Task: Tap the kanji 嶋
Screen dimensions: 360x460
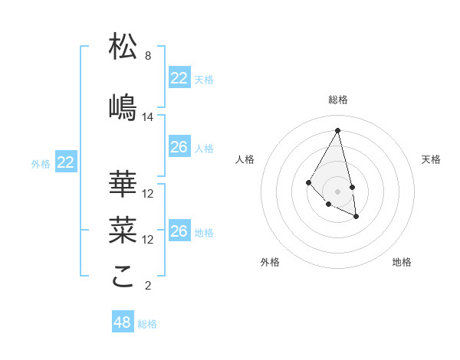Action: [123, 108]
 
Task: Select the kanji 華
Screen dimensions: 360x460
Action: [123, 184]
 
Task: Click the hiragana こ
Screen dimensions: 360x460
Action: [123, 277]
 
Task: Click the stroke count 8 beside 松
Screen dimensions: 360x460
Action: [148, 56]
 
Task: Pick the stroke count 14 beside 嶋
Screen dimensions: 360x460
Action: [148, 117]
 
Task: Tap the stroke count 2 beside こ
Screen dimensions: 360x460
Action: [148, 286]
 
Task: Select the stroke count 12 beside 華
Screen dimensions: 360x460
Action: [148, 194]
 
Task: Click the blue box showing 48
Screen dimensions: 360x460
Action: [123, 322]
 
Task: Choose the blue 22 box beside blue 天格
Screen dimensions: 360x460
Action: [179, 78]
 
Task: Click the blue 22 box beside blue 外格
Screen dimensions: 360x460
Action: [66, 162]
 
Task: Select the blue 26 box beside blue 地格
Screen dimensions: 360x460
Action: [179, 231]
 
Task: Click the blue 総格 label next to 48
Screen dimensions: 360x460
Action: [147, 324]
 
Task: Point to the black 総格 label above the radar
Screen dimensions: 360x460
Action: [337, 100]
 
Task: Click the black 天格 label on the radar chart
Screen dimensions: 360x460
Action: [432, 159]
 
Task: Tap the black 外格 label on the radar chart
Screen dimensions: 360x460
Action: [270, 262]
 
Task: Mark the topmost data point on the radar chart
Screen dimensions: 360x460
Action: [337, 130]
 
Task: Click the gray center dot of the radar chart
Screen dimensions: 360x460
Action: [337, 191]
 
